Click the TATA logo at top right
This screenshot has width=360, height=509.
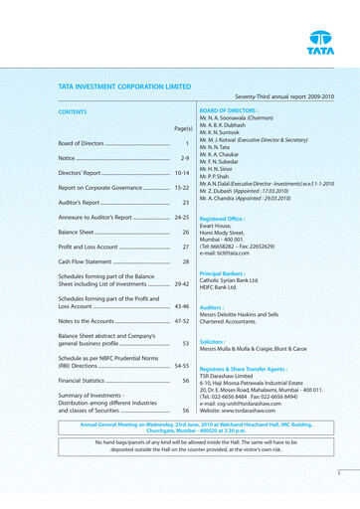pyautogui.click(x=320, y=43)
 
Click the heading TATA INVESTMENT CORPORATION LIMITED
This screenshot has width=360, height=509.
pyautogui.click(x=124, y=86)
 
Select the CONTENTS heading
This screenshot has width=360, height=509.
pyautogui.click(x=73, y=112)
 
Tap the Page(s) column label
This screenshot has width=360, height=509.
pyautogui.click(x=182, y=128)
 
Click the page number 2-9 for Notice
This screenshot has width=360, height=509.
pyautogui.click(x=184, y=158)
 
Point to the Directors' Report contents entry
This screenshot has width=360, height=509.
pyautogui.click(x=83, y=173)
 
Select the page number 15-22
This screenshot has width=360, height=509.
pyautogui.click(x=181, y=187)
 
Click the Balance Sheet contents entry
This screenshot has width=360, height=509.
pyautogui.click(x=80, y=232)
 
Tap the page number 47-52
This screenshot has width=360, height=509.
pyautogui.click(x=181, y=322)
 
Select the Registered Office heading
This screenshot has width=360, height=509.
pyautogui.click(x=223, y=218)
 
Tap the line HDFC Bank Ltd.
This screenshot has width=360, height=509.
pyautogui.click(x=225, y=288)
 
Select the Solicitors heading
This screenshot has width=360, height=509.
pyautogui.click(x=214, y=342)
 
